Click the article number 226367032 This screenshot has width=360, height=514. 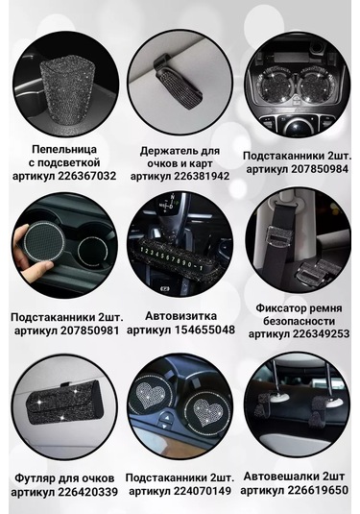[x=87, y=176]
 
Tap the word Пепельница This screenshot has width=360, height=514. [x=64, y=150]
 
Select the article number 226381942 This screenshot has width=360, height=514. [x=202, y=177]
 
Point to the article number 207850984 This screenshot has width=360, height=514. [x=320, y=169]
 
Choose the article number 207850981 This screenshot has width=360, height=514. [x=89, y=330]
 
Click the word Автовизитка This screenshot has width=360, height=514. [x=180, y=316]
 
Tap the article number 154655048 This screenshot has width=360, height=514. [x=204, y=330]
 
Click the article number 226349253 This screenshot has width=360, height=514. [x=321, y=334]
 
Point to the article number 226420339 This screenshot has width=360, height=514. [x=87, y=492]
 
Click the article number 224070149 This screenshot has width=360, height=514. [x=203, y=491]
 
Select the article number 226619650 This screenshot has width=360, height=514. [x=318, y=491]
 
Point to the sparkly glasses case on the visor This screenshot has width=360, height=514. [x=65, y=405]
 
